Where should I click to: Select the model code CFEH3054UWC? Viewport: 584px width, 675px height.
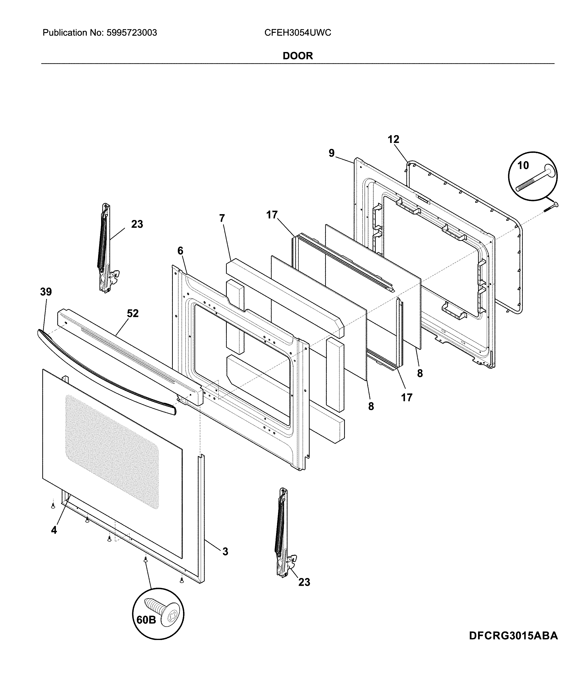[297, 33]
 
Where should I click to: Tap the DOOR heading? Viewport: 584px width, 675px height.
[297, 56]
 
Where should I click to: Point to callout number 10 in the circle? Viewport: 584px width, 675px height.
[523, 166]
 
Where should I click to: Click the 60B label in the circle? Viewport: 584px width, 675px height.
[146, 619]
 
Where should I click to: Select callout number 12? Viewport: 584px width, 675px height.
[393, 140]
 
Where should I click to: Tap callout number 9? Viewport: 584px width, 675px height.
[331, 153]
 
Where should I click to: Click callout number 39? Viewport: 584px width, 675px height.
[46, 292]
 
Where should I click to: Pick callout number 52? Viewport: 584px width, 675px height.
[133, 313]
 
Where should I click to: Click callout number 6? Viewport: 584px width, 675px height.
[180, 251]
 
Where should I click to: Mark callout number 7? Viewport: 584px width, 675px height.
[222, 218]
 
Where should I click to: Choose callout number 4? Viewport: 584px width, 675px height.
[54, 530]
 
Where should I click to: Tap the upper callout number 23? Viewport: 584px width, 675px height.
[137, 224]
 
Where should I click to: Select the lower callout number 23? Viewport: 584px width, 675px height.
[304, 582]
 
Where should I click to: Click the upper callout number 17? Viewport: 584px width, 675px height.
[272, 215]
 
